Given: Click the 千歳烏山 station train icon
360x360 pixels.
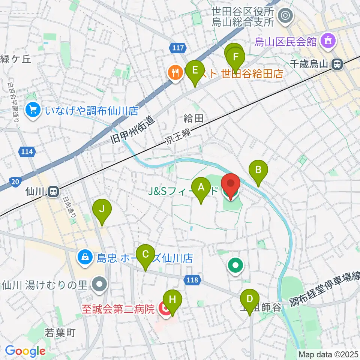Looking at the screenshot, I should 337,64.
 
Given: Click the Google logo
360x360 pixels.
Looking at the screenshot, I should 25,351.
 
